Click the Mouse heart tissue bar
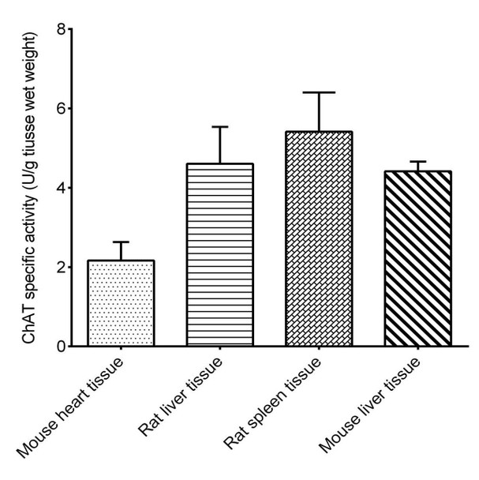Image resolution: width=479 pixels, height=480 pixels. click(x=121, y=303)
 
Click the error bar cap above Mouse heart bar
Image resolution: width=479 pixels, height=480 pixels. click(x=121, y=242)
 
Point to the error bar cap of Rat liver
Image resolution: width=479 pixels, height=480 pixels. click(x=219, y=126)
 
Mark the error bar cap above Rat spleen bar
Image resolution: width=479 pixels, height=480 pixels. click(x=319, y=92)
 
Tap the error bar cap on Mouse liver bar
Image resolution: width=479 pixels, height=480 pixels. click(x=417, y=161)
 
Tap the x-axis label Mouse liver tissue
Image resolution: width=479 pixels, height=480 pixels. click(x=376, y=407)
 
